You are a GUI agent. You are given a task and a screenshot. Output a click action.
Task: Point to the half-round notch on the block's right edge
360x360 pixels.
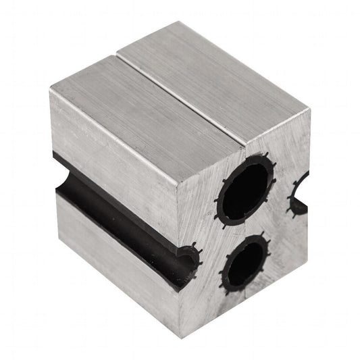click(x=298, y=197)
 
